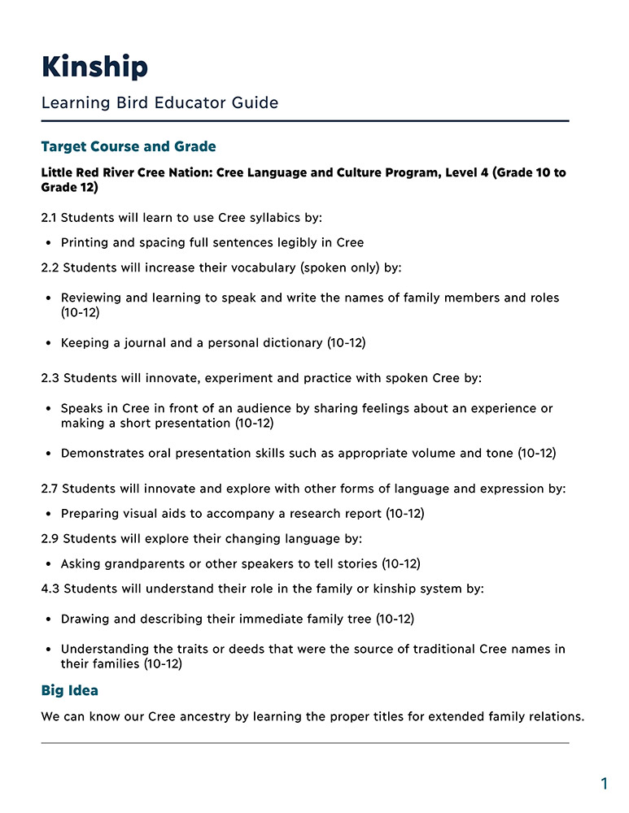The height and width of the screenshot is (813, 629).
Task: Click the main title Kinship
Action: [94, 67]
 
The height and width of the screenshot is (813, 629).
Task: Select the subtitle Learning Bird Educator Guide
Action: [159, 103]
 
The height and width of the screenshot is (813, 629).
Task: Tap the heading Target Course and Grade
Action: [129, 147]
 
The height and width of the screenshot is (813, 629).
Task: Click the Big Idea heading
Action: [69, 690]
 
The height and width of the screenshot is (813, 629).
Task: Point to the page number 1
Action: [604, 784]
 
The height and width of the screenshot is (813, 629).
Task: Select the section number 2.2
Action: [50, 267]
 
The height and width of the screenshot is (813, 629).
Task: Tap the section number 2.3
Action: [50, 378]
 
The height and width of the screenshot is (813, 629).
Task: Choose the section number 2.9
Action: [50, 538]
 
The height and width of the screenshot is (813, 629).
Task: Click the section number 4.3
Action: [50, 588]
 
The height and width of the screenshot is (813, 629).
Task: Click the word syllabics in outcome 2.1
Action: [276, 218]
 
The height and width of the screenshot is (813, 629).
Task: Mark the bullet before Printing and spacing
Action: [49, 243]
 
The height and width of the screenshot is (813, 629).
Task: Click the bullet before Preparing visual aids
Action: [49, 514]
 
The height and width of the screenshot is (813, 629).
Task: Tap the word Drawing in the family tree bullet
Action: [85, 619]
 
